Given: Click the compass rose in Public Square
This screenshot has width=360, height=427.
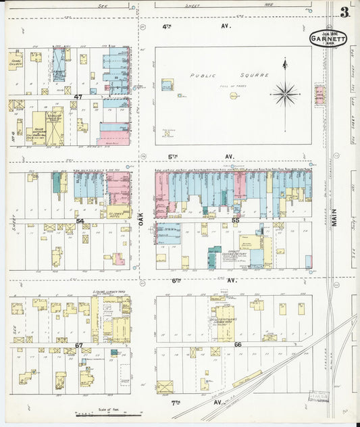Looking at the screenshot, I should click(285, 93).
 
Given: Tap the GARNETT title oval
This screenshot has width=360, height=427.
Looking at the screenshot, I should click(328, 39).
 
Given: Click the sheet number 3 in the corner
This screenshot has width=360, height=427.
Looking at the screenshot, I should click(345, 12).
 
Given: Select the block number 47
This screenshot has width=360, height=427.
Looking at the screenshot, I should click(78, 97).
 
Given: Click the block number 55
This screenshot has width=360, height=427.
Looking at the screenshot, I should click(236, 220).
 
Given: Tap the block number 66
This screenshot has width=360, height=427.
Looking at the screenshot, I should click(237, 345).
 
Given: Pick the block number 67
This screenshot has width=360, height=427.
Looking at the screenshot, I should click(79, 345).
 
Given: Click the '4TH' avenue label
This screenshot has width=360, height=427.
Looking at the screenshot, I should click(167, 26).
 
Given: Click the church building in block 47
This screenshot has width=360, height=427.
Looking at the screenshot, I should click(16, 63).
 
